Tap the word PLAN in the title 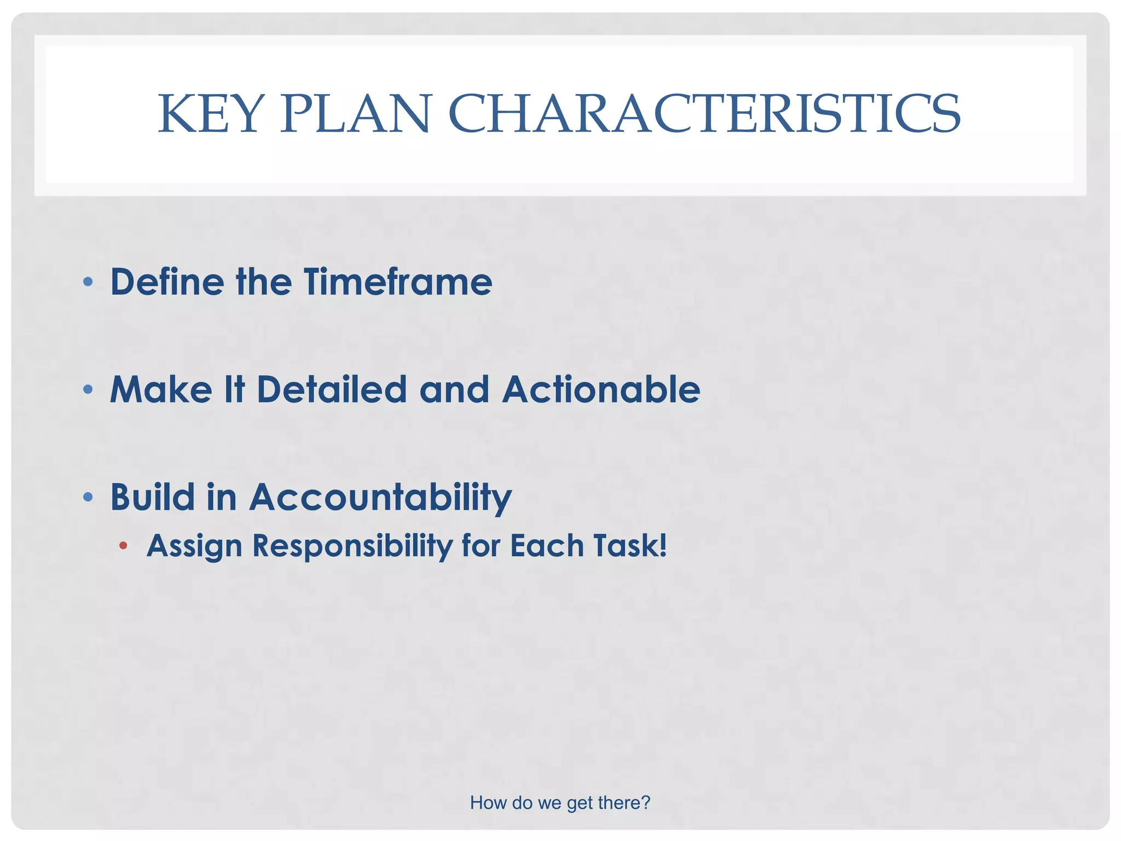[x=356, y=114]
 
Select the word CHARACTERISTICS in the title [x=704, y=114]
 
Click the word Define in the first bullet [x=167, y=282]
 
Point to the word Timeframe [x=398, y=282]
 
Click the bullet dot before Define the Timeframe [x=88, y=283]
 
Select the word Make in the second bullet [x=161, y=390]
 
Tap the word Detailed [x=332, y=390]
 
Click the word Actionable [x=601, y=390]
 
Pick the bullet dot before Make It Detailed [x=88, y=390]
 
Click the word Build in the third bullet [x=153, y=497]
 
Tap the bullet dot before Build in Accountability [x=88, y=498]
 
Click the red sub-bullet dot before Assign [x=123, y=545]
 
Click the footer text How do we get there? [x=560, y=803]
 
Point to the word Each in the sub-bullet [x=547, y=546]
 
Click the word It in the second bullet [x=234, y=390]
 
